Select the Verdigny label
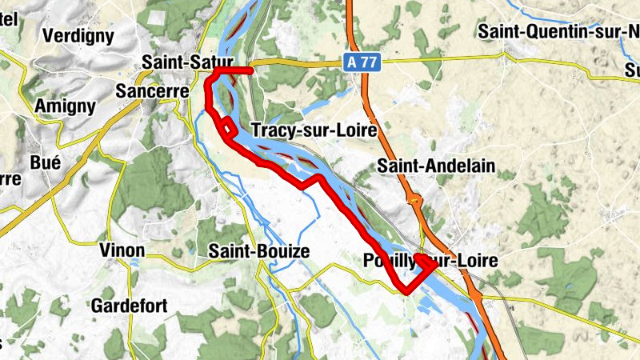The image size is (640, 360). (78, 35)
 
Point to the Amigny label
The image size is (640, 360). (66, 106)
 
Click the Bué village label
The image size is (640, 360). (46, 162)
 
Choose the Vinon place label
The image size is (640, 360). (122, 250)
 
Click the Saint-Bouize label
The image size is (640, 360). (258, 251)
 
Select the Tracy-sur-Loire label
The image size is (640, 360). (313, 130)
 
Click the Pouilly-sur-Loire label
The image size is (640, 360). (430, 261)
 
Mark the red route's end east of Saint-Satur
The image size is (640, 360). (251, 70)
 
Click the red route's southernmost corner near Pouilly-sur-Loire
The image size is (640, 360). (407, 290)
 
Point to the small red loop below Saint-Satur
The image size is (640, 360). (228, 127)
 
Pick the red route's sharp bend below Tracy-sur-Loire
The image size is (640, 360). (319, 177)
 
